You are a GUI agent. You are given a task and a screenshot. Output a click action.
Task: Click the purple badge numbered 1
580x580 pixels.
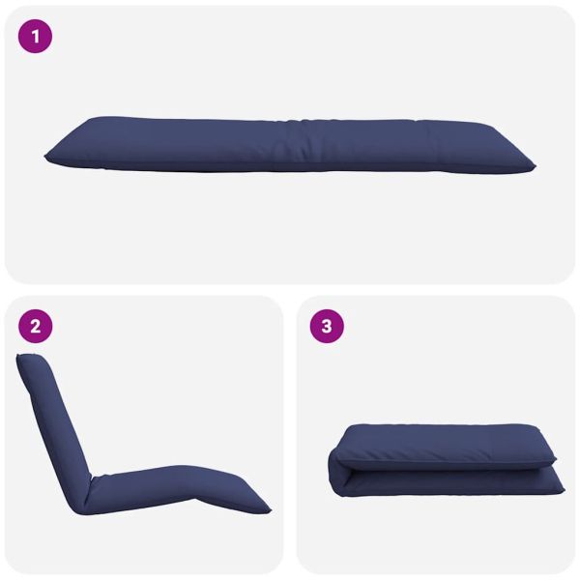coord(35,37)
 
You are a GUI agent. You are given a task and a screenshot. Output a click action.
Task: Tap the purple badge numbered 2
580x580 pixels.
coord(35,327)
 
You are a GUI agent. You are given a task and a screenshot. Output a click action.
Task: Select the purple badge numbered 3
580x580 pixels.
coord(327,327)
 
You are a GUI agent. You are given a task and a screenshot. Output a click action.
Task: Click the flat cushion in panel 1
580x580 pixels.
coord(290,145)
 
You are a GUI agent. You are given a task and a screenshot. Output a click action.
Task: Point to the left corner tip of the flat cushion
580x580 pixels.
coord(45,157)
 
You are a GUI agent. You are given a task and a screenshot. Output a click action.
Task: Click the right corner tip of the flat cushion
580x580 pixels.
coord(535,167)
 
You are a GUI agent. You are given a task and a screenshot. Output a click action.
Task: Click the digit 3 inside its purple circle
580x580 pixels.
coord(327,327)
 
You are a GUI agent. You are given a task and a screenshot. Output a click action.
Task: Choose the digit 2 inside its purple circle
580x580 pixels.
coord(35,327)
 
